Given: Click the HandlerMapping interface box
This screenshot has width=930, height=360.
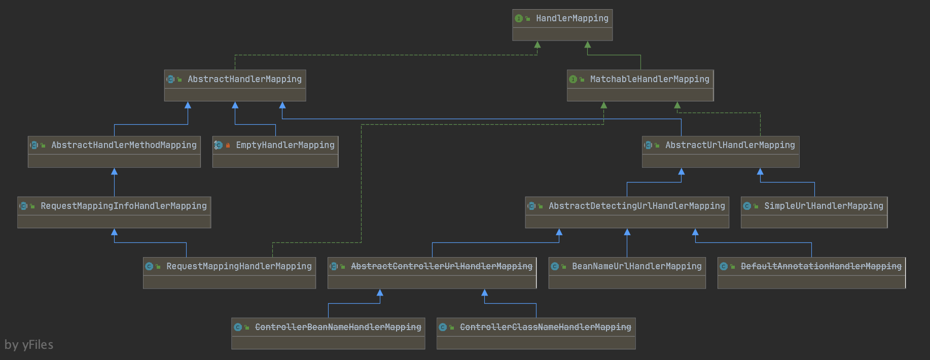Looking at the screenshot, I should coord(562,25).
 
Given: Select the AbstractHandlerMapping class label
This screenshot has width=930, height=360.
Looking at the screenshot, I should coord(244,79).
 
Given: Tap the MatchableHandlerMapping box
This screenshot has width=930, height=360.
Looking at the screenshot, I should coord(640,86).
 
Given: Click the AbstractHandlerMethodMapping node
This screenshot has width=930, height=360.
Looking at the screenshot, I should coord(114,152).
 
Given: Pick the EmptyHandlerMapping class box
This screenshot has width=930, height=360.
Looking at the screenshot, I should coord(275,152).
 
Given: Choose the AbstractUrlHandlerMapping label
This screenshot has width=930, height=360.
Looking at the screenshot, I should coord(730,145).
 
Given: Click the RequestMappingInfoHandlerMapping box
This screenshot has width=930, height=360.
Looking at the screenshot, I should coord(114,212).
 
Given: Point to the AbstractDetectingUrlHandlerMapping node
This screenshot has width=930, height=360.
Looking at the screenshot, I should coord(627,212).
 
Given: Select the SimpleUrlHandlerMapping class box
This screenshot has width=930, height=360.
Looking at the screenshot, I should coord(814,212).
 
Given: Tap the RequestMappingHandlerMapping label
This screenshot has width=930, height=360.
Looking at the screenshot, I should coord(239,266).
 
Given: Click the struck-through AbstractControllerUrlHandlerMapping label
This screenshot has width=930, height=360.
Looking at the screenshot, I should coord(441,266).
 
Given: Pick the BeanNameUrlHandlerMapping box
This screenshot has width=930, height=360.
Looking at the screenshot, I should coord(627,273).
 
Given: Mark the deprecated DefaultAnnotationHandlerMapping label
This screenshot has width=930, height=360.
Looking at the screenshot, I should coord(821,266).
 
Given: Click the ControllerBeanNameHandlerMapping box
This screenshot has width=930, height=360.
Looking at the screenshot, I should coord(328,334).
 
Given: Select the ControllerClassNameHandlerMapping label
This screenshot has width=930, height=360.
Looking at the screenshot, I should coord(545,327).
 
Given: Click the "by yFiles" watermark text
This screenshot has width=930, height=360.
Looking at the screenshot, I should coord(29,345).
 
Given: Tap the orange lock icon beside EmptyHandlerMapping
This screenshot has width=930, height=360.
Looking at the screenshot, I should coord(228,146).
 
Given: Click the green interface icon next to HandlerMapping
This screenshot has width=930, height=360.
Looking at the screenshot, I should coord(519,19).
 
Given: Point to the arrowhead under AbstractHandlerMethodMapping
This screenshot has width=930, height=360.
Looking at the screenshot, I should coord(114,172).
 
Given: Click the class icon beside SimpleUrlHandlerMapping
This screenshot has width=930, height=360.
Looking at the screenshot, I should coord(747,206).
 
